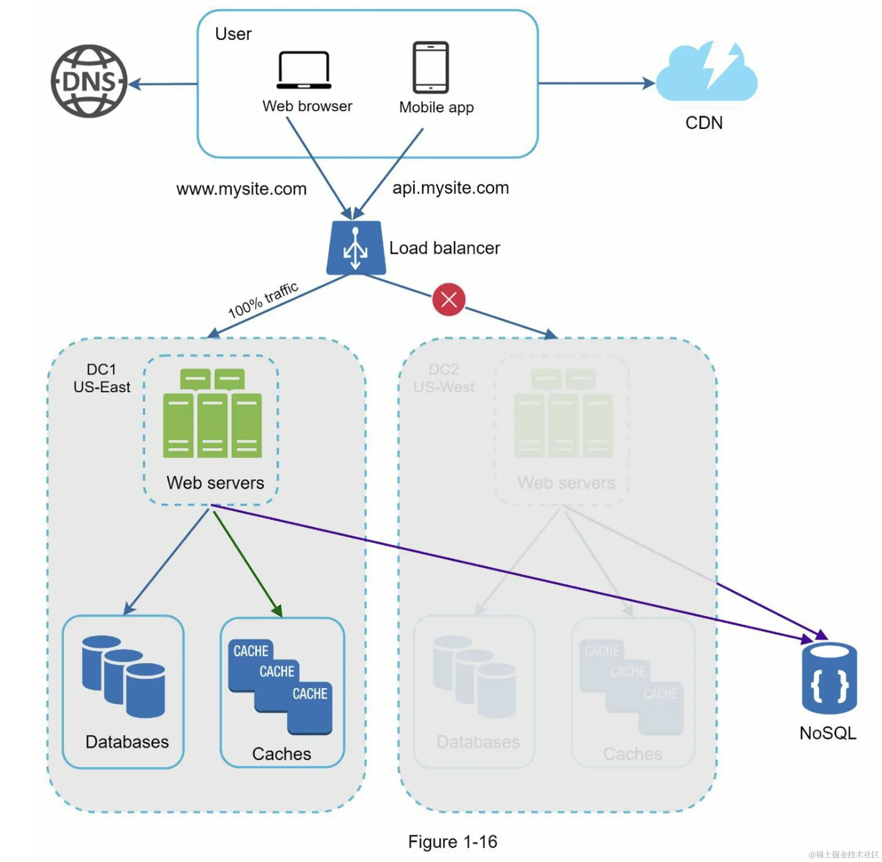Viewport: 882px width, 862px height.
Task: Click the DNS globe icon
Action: coord(89,81)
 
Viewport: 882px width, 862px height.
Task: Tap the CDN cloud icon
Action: coord(706,72)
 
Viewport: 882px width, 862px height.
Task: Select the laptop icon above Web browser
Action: coord(304,70)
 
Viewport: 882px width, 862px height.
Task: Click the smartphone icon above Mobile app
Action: coord(430,67)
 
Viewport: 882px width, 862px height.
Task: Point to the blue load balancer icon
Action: coord(356,248)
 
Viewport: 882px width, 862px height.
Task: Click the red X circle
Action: coord(448,299)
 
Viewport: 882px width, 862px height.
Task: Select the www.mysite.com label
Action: coord(241,189)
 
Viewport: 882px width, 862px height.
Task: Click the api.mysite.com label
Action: coord(450,188)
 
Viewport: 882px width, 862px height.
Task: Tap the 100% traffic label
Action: coord(263,300)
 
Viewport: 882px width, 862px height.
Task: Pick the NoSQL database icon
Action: coord(829,678)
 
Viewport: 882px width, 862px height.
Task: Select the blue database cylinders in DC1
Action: coord(123,676)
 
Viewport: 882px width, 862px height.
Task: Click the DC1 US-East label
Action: coord(102,379)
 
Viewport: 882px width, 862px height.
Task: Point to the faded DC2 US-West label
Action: coord(444,379)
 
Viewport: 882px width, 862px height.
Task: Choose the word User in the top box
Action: coord(233,34)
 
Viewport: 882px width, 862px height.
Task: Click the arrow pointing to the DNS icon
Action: coord(163,84)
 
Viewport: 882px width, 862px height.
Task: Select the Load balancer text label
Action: coord(445,248)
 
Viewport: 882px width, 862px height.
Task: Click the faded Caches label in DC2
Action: coord(632,754)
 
